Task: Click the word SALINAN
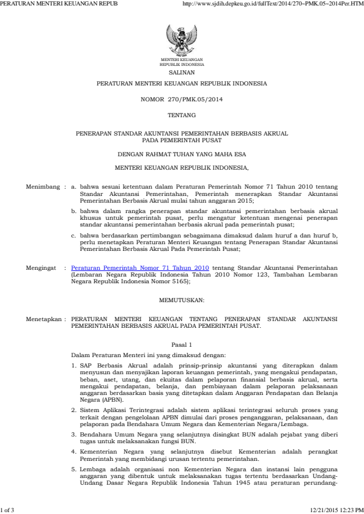point(182,72)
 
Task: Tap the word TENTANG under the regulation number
point(182,115)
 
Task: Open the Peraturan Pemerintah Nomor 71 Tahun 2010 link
point(140,268)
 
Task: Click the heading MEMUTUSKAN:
point(182,300)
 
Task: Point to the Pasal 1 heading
point(182,345)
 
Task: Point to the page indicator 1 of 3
point(7,509)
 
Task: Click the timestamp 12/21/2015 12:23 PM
point(336,509)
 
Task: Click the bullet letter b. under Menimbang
point(74,210)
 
